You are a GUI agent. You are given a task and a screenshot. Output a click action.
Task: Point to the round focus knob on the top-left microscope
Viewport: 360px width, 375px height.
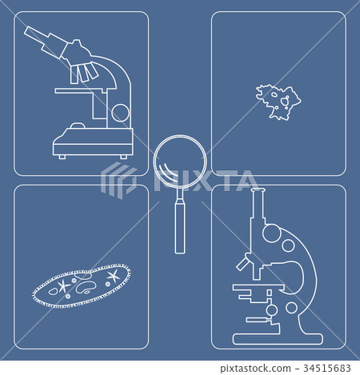pyautogui.click(x=119, y=112)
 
